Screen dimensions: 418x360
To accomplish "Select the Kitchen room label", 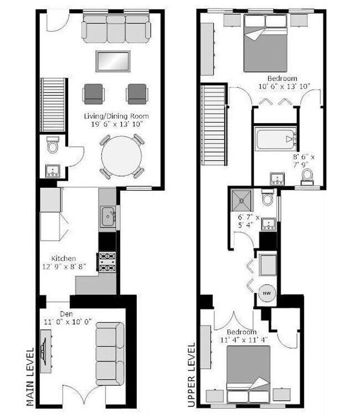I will point(64,258).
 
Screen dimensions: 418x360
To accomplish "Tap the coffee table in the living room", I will point(113,61).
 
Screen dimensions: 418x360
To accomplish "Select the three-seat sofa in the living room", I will point(116,29).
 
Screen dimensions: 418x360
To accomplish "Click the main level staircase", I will point(53,105).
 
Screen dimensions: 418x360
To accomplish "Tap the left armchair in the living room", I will point(93,93).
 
